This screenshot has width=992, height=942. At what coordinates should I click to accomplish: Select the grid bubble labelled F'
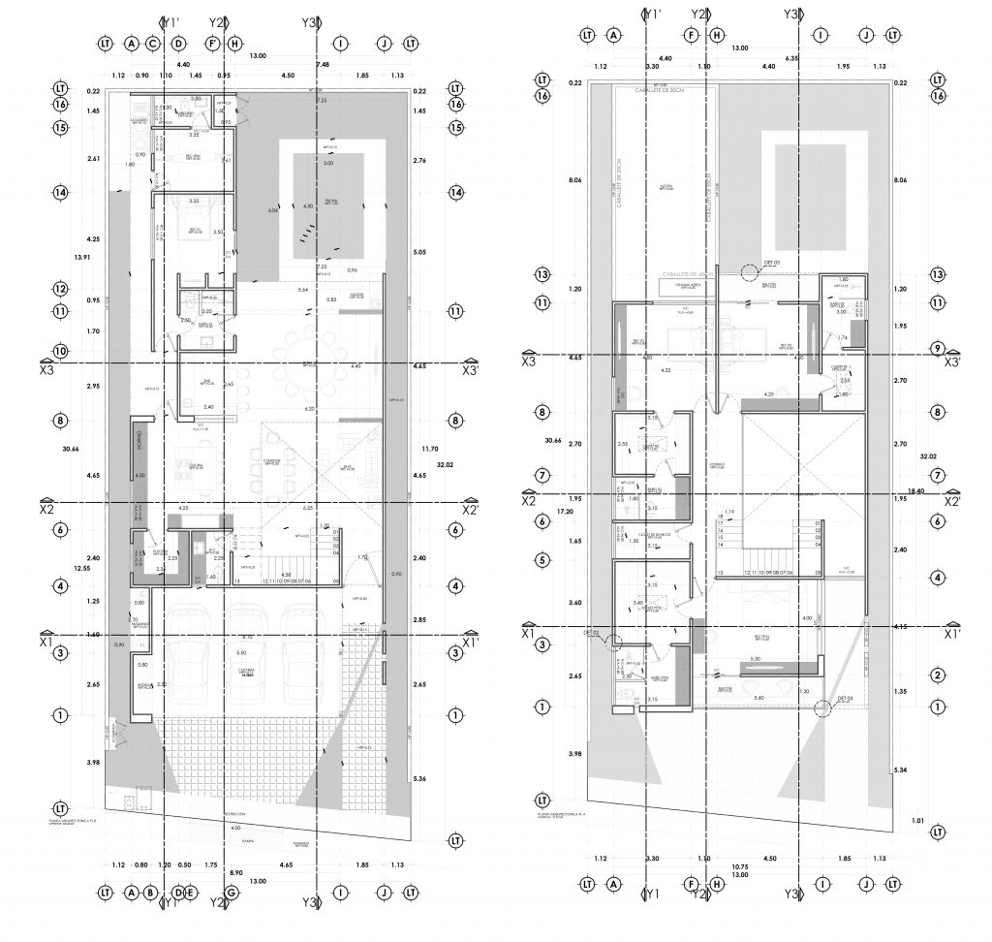point(212,44)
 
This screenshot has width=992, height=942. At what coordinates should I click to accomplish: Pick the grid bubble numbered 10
point(60,350)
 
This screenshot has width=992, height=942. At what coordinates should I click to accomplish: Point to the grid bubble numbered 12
point(60,289)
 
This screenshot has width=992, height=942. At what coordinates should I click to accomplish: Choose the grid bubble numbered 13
point(542,274)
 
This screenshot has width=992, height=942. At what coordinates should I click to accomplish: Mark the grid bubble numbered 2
point(937,675)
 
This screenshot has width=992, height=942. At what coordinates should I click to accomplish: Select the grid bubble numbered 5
point(542,559)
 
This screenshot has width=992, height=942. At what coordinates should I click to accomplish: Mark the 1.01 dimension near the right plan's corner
point(918,821)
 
